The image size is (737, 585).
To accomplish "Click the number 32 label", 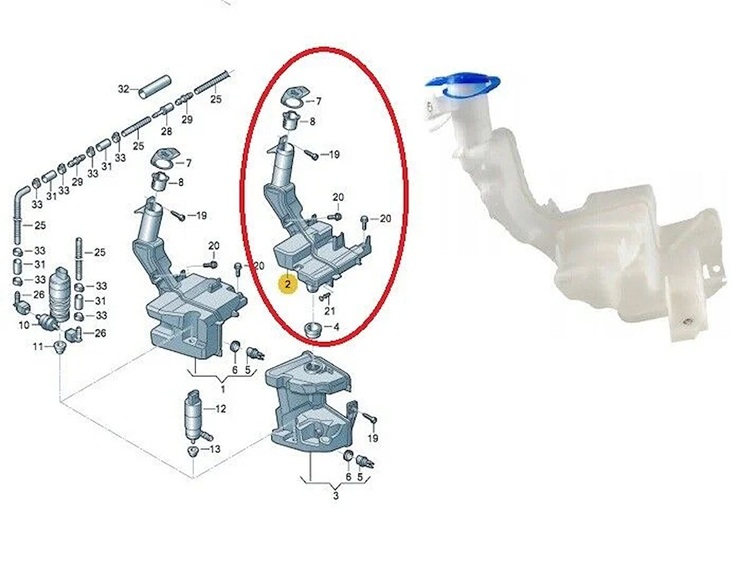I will (123, 89).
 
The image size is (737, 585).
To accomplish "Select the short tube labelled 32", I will (154, 87).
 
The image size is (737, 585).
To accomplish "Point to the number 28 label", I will (166, 132).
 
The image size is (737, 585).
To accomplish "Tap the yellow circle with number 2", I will (287, 285).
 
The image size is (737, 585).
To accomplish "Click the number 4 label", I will (336, 326).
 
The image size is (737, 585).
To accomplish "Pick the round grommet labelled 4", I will (312, 329).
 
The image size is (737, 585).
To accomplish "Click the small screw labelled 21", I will (325, 297).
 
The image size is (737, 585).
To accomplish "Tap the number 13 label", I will (214, 449).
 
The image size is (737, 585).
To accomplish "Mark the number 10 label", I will (24, 325).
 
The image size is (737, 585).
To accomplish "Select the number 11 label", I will (37, 347).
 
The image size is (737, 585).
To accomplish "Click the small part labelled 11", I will (60, 347).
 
